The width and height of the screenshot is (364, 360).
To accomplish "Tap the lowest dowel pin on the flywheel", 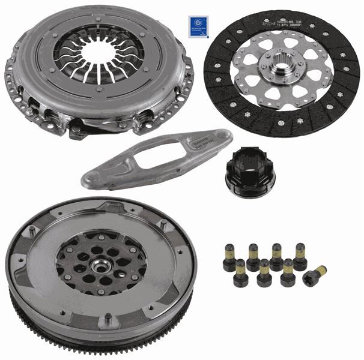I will (107, 319).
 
